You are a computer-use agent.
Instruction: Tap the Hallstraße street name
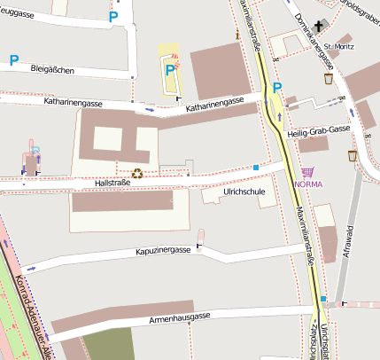tap(112, 183)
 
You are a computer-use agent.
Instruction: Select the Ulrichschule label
tap(244, 191)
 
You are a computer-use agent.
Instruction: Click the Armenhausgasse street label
tap(180, 317)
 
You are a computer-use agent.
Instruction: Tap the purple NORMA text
tap(307, 185)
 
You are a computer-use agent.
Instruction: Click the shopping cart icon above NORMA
tap(307, 172)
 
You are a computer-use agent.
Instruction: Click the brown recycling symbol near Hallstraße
tap(137, 174)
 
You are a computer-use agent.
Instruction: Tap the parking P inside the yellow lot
tap(168, 68)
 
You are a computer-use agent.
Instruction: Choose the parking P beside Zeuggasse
tap(112, 16)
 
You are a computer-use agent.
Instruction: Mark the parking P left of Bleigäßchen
tap(13, 60)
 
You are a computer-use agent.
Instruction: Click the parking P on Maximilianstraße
tap(277, 88)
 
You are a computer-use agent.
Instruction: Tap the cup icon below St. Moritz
tap(329, 78)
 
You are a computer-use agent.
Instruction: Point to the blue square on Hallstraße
tap(256, 167)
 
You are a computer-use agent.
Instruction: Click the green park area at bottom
tap(108, 344)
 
